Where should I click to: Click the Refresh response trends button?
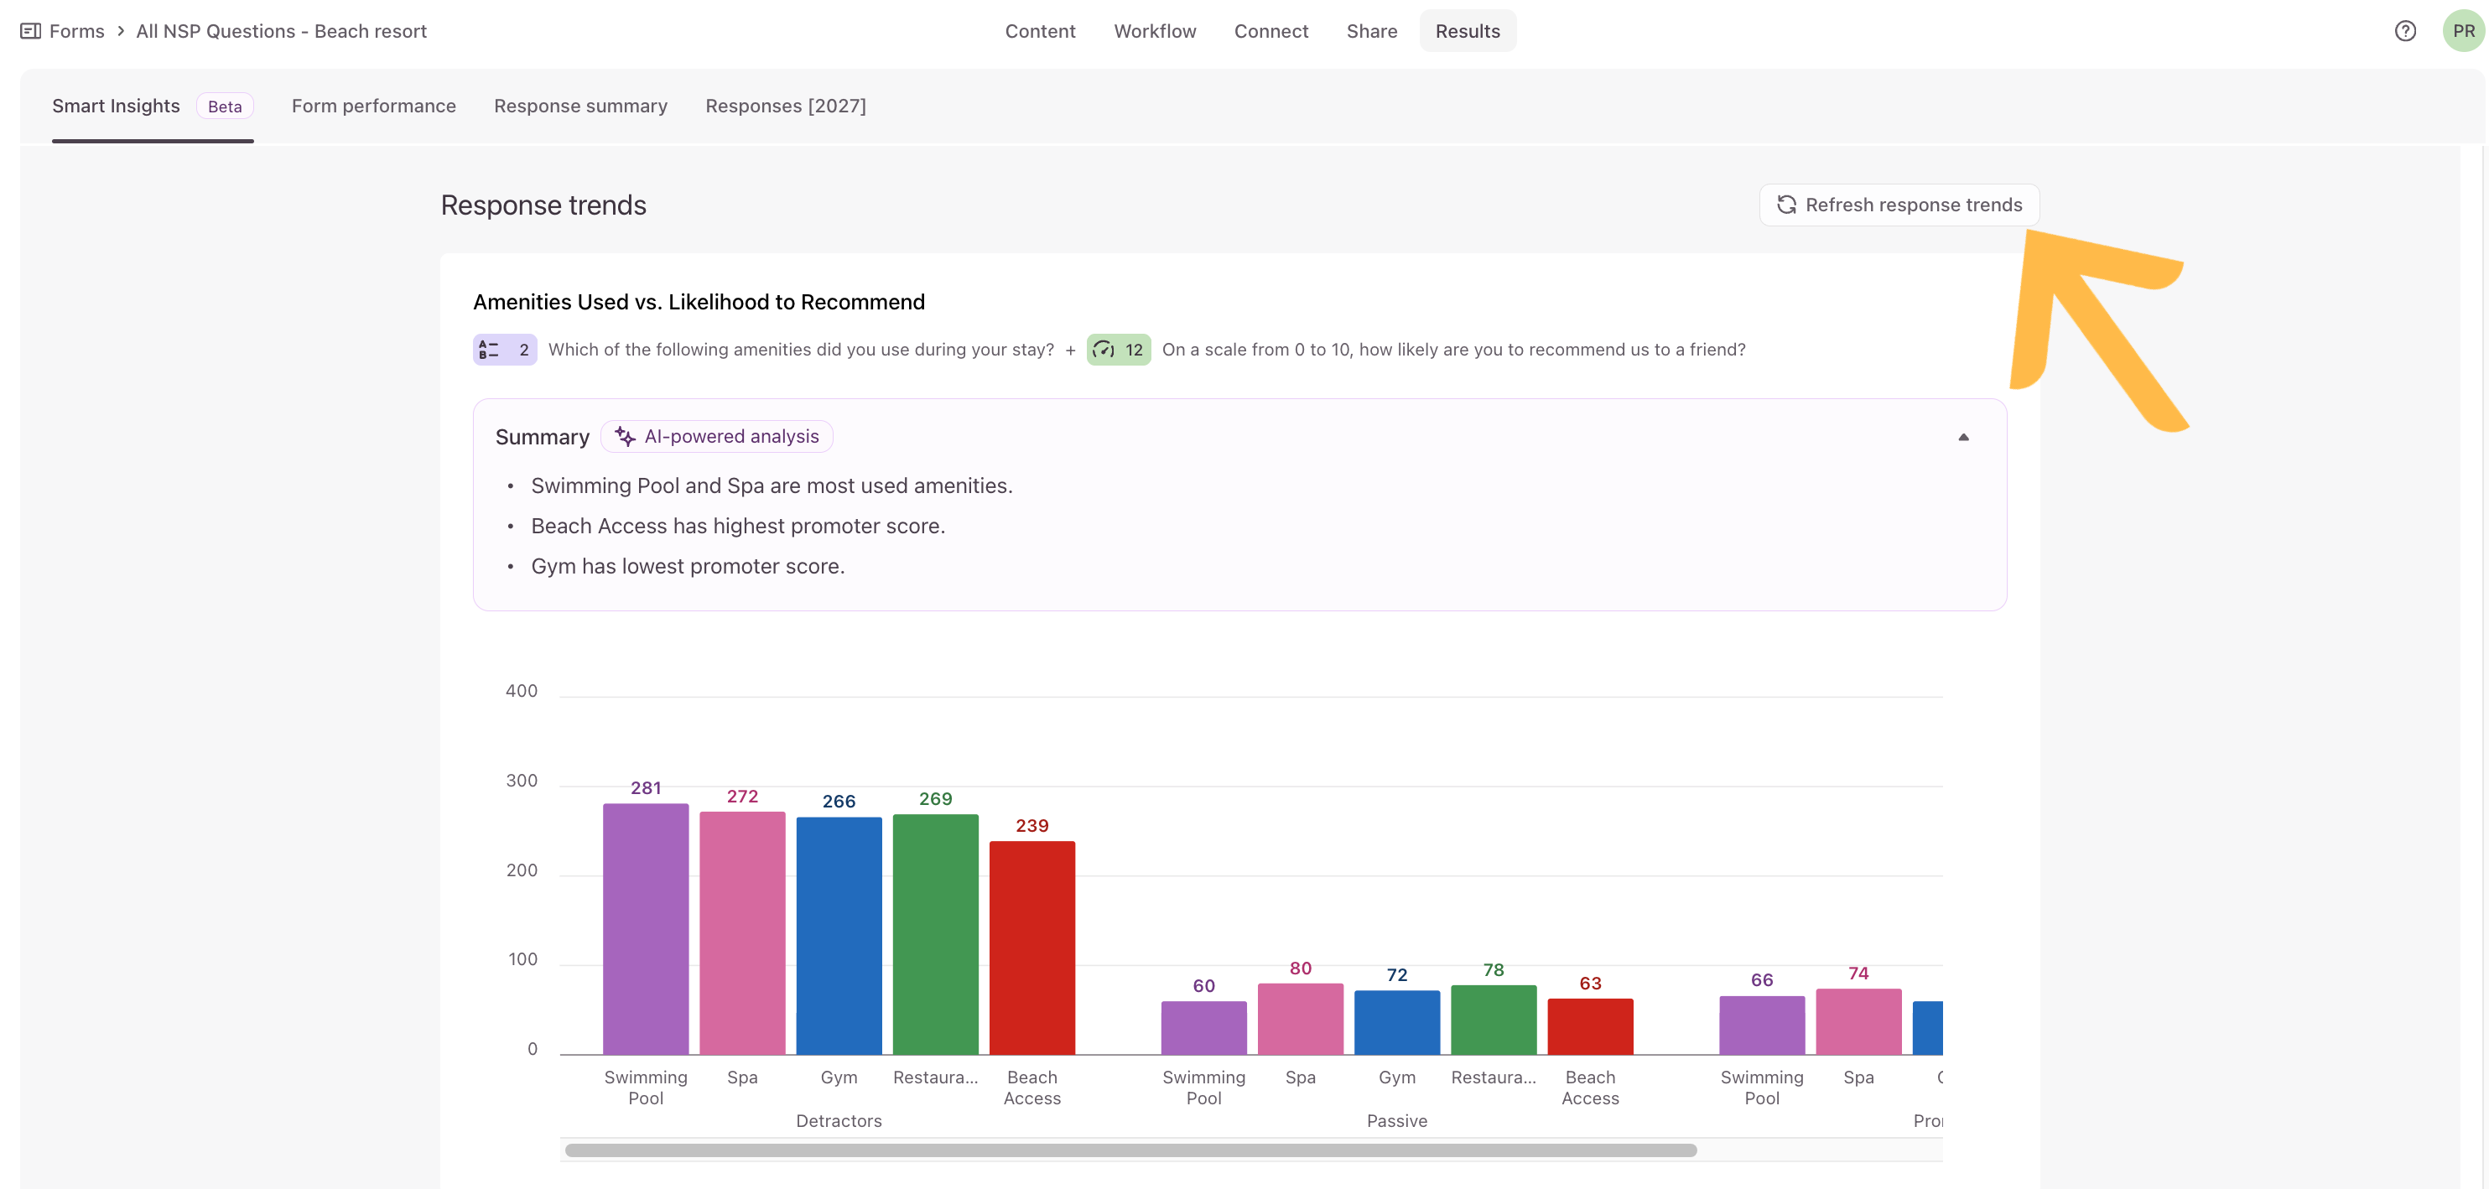coord(1899,205)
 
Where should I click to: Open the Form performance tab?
coord(374,106)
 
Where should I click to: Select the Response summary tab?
coord(580,106)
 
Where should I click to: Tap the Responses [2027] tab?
coord(786,106)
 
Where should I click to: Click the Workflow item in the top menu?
coord(1155,31)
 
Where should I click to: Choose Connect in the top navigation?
coord(1270,31)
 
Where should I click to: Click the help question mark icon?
coord(2405,31)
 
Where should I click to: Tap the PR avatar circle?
coord(2463,31)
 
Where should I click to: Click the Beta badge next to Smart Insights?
coord(225,106)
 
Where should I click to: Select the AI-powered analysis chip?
coord(717,437)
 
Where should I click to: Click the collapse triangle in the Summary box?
coord(1963,438)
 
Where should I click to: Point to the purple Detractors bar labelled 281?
coord(646,928)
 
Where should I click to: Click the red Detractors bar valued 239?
coord(1032,948)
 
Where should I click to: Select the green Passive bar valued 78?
coord(1494,1020)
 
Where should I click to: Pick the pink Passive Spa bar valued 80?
coord(1301,1019)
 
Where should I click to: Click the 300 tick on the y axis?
coord(522,781)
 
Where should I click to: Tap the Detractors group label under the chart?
coord(839,1120)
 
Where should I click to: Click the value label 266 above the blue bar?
coord(839,801)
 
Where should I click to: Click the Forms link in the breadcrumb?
coord(76,31)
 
